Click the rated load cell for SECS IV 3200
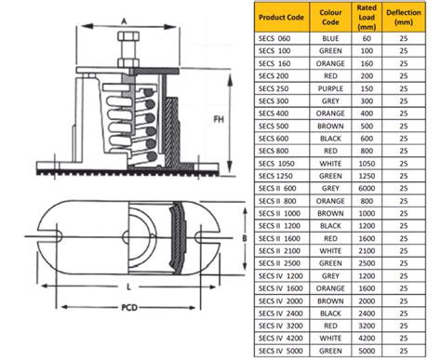[366, 327]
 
